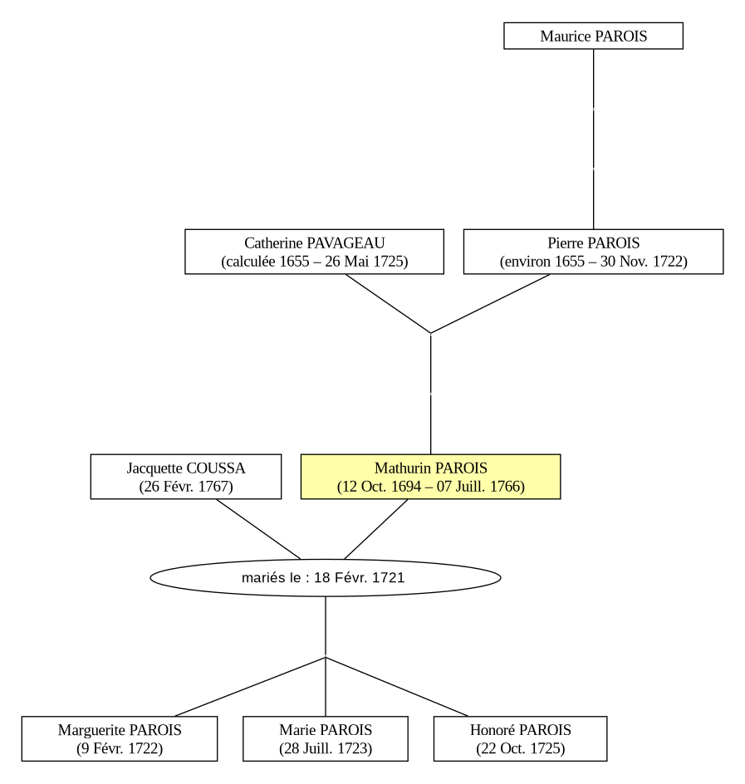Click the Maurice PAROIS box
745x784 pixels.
[593, 36]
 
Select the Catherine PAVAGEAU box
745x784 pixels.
[314, 252]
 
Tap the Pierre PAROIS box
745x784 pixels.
[593, 252]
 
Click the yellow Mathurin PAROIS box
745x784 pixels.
[430, 477]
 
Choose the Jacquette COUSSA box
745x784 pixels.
[186, 477]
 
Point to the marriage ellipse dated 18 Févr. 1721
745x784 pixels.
[326, 577]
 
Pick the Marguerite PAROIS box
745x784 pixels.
[120, 739]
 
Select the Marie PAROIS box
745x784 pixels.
[326, 739]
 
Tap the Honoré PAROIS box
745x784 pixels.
[521, 739]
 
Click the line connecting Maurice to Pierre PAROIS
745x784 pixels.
[594, 139]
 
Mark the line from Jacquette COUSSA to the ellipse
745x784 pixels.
[258, 529]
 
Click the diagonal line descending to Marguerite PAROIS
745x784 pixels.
[250, 687]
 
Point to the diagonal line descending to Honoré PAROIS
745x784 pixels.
[397, 687]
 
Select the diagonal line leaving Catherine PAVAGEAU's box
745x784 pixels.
[388, 303]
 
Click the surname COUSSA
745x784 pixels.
[215, 468]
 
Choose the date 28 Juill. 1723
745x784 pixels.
[326, 748]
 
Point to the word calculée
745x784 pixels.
[251, 262]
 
